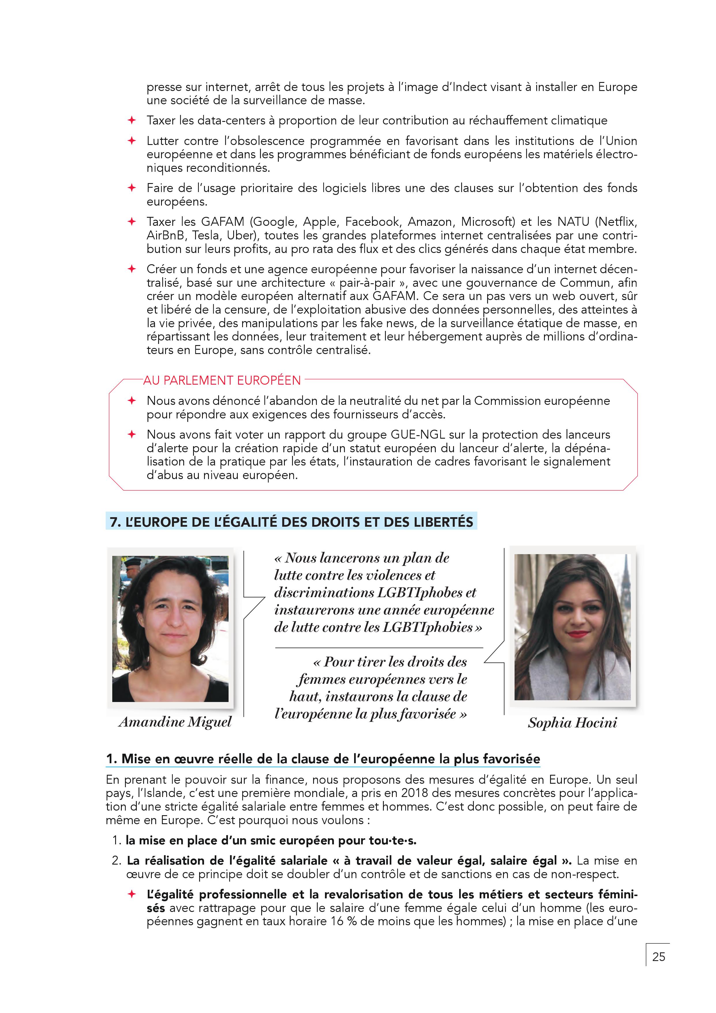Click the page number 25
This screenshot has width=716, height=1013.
tap(658, 956)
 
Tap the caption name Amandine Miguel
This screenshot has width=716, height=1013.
tap(175, 722)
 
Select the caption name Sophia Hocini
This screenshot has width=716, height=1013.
tap(572, 723)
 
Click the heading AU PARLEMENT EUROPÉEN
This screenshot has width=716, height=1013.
tap(222, 380)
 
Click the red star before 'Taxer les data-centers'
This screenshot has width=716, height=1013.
tap(131, 120)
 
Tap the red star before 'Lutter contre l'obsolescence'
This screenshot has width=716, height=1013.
tap(131, 141)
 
